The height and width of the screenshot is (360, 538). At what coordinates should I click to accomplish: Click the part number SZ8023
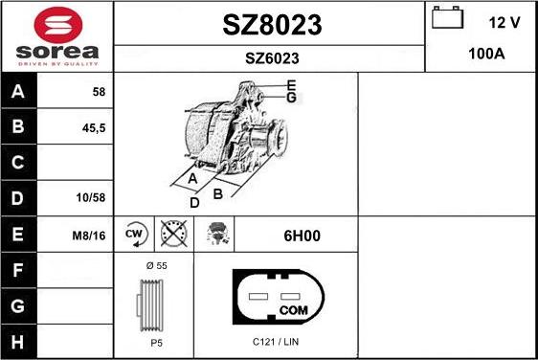pos(272,25)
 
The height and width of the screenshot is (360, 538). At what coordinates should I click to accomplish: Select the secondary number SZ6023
pos(272,58)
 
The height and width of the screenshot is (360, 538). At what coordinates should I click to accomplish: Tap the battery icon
pos(447,17)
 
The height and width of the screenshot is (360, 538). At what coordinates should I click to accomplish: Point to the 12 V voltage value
pos(504,23)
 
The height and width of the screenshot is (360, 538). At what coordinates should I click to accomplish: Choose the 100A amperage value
pos(486,54)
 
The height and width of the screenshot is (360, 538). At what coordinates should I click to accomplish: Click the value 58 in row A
pos(99,92)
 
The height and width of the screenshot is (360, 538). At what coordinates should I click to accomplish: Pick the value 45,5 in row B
pos(94,128)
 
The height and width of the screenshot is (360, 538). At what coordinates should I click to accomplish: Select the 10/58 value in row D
pos(91,197)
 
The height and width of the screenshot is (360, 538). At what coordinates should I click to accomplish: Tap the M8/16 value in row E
pos(89,236)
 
